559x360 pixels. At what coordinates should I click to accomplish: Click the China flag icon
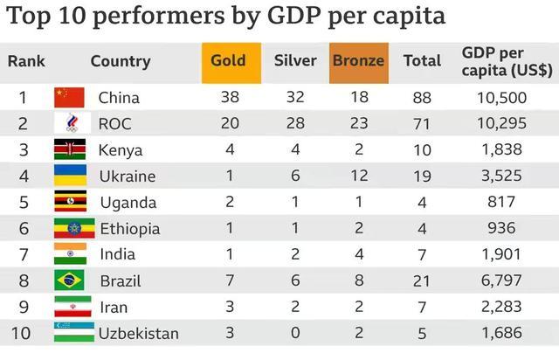[69, 97]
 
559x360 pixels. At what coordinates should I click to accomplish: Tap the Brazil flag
[69, 280]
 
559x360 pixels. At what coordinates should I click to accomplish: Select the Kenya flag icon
[69, 149]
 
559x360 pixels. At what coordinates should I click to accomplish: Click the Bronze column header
[358, 61]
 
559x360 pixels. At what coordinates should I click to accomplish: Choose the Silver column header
[295, 61]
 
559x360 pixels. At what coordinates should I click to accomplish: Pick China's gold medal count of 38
[230, 97]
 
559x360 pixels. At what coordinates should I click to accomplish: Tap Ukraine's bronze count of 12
[358, 176]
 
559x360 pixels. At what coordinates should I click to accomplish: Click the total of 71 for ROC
[422, 123]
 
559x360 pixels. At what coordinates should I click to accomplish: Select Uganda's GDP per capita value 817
[501, 202]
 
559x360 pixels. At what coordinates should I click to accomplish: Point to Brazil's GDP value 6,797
[501, 280]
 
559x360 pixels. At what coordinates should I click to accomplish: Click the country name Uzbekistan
[138, 334]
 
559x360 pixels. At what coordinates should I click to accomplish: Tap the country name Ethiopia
[128, 229]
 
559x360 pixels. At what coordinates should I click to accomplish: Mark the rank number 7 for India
[25, 255]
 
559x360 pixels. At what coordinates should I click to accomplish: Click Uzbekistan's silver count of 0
[295, 333]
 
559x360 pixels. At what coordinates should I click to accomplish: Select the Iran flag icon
[69, 307]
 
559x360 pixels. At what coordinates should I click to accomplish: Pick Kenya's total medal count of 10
[422, 149]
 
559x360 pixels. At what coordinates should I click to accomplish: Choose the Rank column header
[26, 62]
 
